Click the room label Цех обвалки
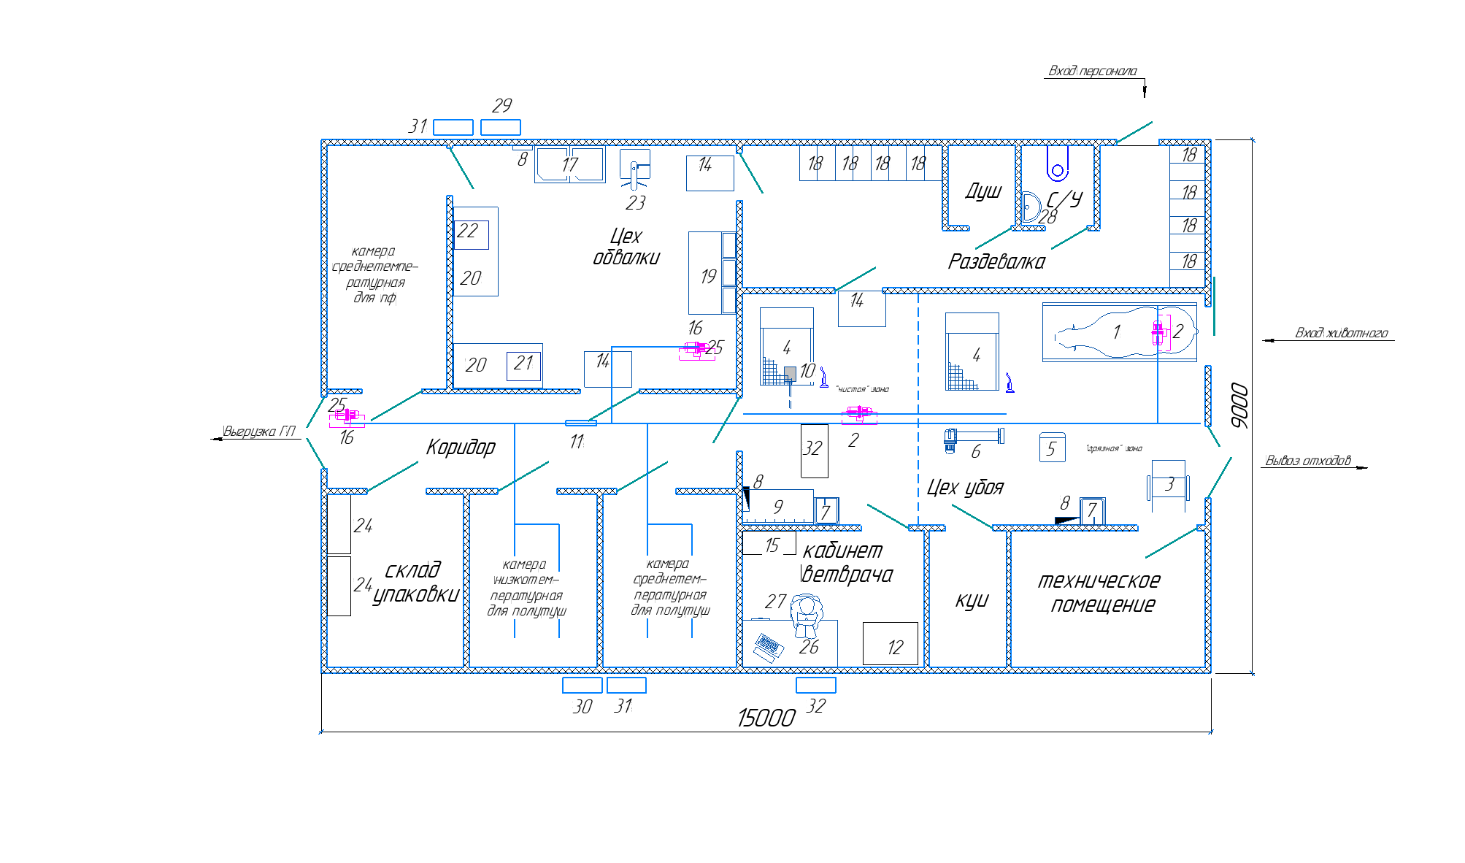click(626, 247)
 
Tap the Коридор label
click(461, 447)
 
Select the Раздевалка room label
click(996, 261)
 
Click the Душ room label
click(983, 191)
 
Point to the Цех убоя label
click(965, 487)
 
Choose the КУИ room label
click(972, 600)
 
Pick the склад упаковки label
click(415, 582)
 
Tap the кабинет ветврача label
click(846, 562)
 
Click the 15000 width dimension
click(766, 718)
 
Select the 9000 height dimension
click(1239, 406)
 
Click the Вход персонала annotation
click(1092, 71)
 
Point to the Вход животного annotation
click(1341, 333)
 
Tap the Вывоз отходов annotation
click(1307, 461)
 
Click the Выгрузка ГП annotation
click(259, 431)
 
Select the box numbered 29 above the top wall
click(500, 127)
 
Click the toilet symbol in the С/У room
click(1057, 164)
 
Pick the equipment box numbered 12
click(891, 643)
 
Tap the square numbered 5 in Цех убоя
click(1052, 448)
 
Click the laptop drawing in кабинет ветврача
click(767, 647)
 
